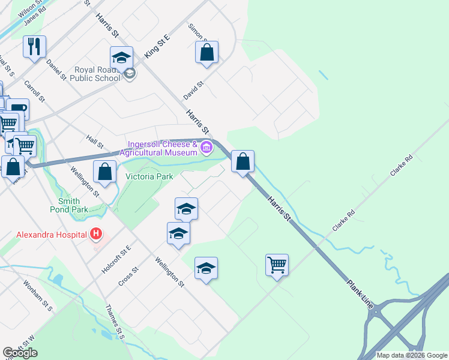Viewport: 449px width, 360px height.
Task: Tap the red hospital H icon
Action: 95,233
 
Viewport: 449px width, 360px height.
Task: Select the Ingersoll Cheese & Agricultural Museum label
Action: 161,148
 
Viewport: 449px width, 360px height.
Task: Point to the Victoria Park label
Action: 149,176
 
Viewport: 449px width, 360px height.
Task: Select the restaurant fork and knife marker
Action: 34,46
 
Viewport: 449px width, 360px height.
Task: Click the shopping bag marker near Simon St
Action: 206,52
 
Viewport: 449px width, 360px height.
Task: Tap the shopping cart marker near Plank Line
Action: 277,264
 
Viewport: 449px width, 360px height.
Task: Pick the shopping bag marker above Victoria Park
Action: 105,171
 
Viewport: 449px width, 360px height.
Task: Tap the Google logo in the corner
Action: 20,353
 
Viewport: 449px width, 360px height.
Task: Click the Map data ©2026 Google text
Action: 412,355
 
